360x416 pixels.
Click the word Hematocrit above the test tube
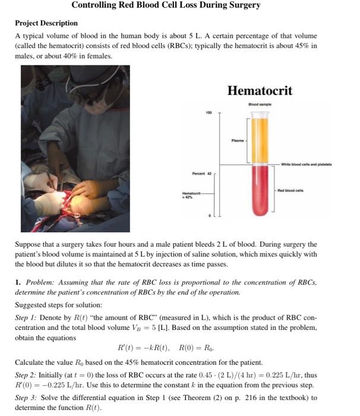coord(260,91)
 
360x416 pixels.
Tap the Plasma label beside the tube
coord(238,141)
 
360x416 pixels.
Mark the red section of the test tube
coord(259,196)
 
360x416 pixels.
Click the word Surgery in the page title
coord(239,5)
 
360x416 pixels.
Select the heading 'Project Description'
coord(46,23)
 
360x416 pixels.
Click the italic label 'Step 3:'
coord(27,398)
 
